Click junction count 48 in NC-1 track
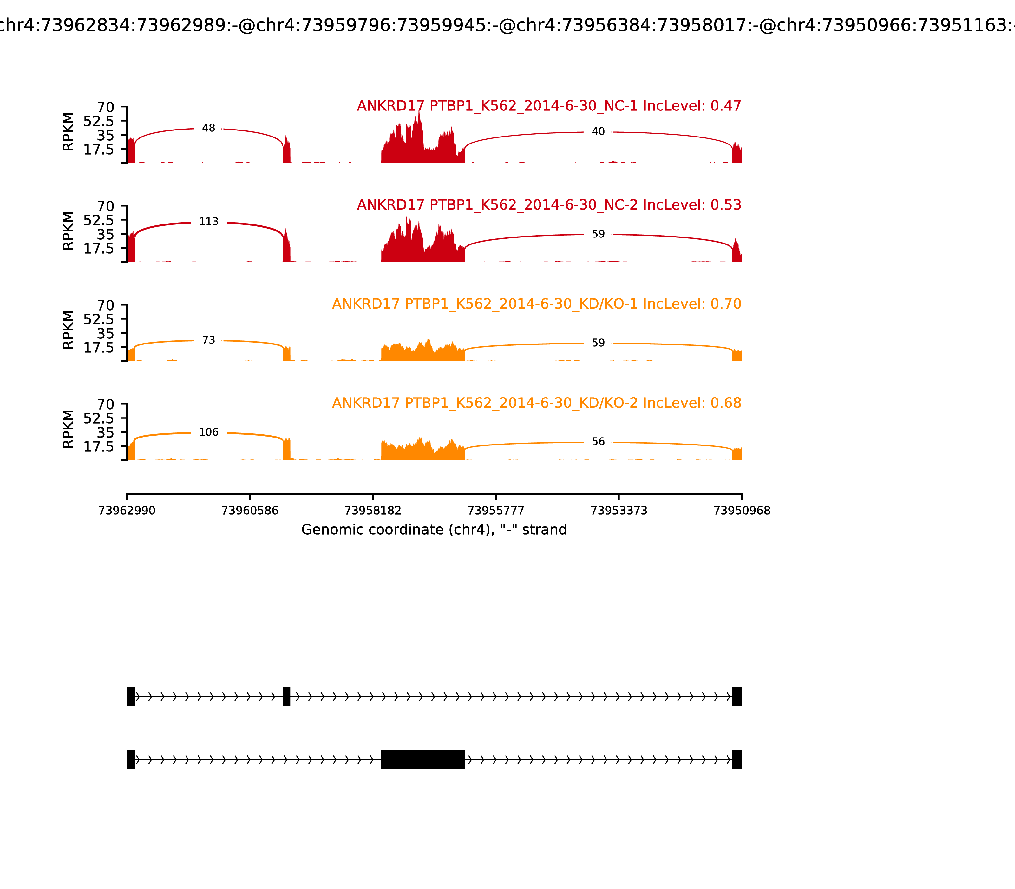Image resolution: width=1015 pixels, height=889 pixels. [x=209, y=129]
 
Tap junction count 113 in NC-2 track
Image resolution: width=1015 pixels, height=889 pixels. [x=209, y=222]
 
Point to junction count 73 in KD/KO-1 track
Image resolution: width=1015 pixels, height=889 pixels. [x=209, y=340]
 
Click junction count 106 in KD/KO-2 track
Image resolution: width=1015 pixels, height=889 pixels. [x=209, y=432]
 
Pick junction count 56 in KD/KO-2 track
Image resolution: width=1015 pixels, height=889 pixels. [x=598, y=442]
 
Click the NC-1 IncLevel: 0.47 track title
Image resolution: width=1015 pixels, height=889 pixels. [x=549, y=106]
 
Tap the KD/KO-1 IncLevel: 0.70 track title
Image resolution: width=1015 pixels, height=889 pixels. [x=536, y=304]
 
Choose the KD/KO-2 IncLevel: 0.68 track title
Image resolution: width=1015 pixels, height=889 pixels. [x=536, y=403]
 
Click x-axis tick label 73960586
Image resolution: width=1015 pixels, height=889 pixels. [x=250, y=511]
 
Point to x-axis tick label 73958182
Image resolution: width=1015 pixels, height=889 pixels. [x=373, y=511]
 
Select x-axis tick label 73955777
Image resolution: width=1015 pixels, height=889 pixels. [x=495, y=511]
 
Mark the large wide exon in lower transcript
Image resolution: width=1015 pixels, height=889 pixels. [x=423, y=759]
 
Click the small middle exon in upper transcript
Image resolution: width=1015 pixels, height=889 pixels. [x=286, y=697]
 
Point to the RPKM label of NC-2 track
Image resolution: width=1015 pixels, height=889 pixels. [x=69, y=231]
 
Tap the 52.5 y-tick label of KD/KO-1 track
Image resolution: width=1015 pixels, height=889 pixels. [x=98, y=319]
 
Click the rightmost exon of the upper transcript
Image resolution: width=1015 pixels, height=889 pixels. [x=737, y=697]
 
